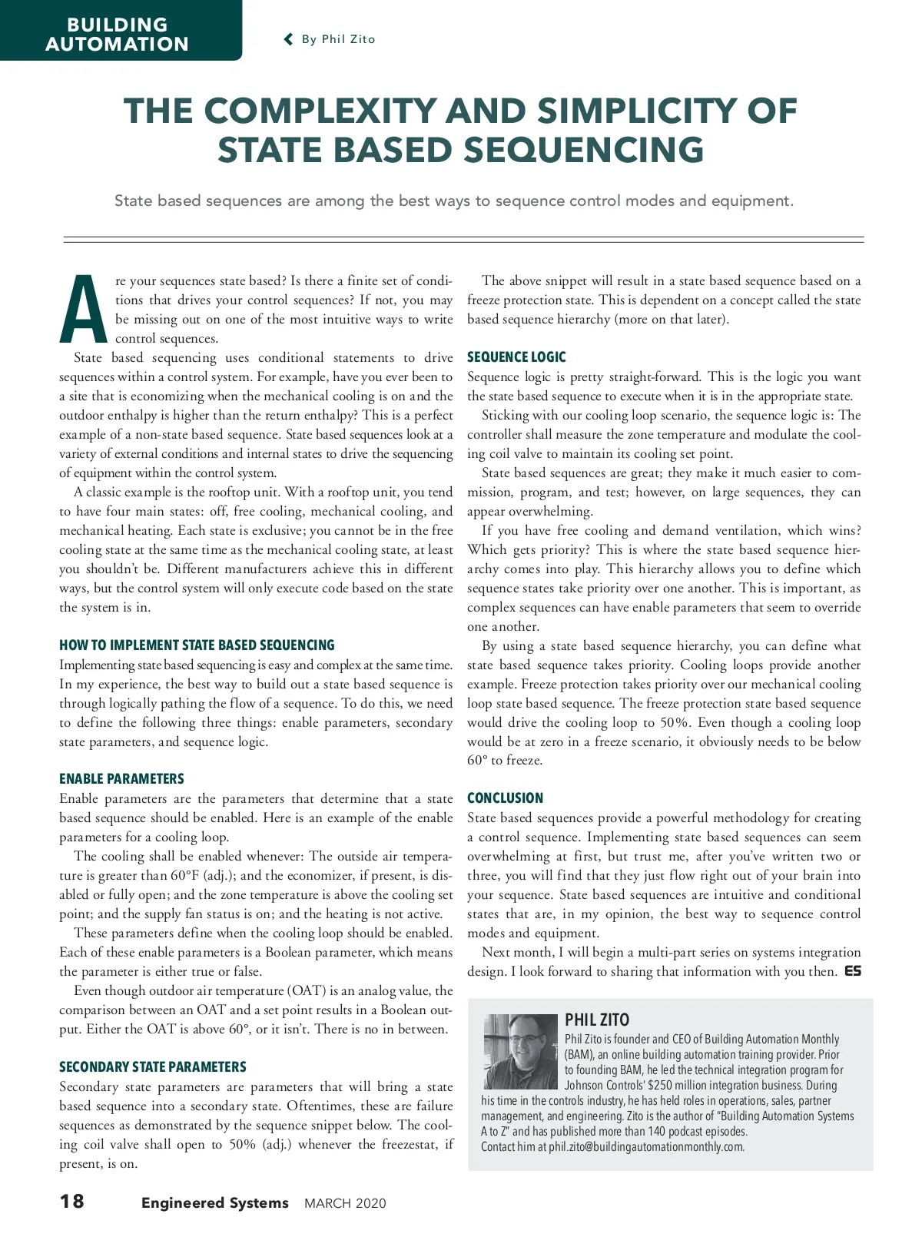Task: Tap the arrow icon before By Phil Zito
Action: point(289,39)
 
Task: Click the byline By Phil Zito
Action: point(338,39)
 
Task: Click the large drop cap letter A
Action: point(83,310)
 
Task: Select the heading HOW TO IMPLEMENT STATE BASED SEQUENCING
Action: point(197,645)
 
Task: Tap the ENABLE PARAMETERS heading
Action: point(121,779)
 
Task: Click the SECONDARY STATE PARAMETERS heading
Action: point(153,1067)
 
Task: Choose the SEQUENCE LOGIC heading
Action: point(516,357)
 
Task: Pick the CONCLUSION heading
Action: point(505,798)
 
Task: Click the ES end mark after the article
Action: point(853,971)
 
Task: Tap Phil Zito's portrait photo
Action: point(520,1051)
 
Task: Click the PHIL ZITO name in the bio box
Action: point(597,1020)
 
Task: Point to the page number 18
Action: point(72,1201)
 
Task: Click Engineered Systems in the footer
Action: point(214,1203)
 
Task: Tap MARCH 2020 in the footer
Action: point(345,1204)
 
